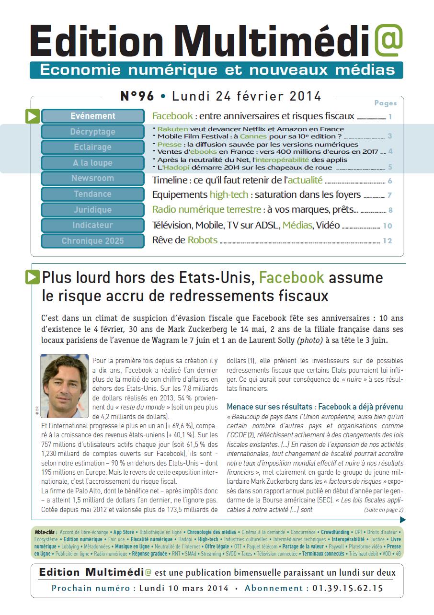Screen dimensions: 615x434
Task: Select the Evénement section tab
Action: coord(93,116)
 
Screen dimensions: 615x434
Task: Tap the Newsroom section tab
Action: coord(93,178)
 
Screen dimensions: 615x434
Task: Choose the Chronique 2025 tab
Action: coord(93,241)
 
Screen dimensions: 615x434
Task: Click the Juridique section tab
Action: coord(93,210)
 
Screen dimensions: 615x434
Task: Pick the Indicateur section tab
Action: coord(93,225)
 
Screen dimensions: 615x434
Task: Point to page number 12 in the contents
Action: coord(388,241)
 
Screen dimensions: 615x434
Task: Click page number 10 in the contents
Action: coord(388,226)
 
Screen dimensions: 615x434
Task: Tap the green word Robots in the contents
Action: coord(203,240)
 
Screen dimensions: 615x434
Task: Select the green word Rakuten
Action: coord(173,129)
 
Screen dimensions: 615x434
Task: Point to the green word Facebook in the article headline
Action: coord(292,278)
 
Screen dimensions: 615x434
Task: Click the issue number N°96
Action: coord(137,96)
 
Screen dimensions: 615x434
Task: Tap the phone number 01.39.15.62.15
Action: coord(348,588)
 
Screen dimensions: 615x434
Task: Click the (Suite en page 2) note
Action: coord(383,510)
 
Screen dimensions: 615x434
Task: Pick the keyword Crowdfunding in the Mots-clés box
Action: coord(335,532)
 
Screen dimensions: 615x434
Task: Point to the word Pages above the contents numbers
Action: coord(385,103)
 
